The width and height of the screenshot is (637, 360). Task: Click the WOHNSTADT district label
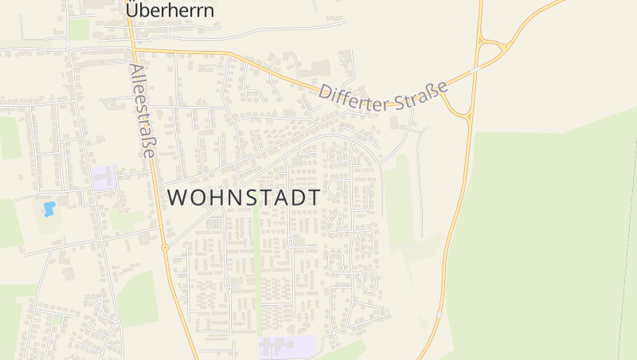coord(244,198)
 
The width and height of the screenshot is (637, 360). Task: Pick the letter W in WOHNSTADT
coord(177,198)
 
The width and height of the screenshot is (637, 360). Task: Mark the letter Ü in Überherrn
coord(133,10)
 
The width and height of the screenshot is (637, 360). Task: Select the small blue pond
coord(49,209)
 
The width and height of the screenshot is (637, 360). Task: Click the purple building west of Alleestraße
coord(104,178)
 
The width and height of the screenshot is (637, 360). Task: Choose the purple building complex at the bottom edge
coord(287,348)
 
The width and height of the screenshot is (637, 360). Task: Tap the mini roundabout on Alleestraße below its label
coord(165,248)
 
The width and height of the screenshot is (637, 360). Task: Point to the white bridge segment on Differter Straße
coord(475,69)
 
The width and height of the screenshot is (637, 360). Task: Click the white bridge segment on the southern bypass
coord(438,316)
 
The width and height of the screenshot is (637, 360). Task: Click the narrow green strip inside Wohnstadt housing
coord(256,271)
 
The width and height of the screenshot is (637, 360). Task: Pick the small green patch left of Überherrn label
coord(79,29)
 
